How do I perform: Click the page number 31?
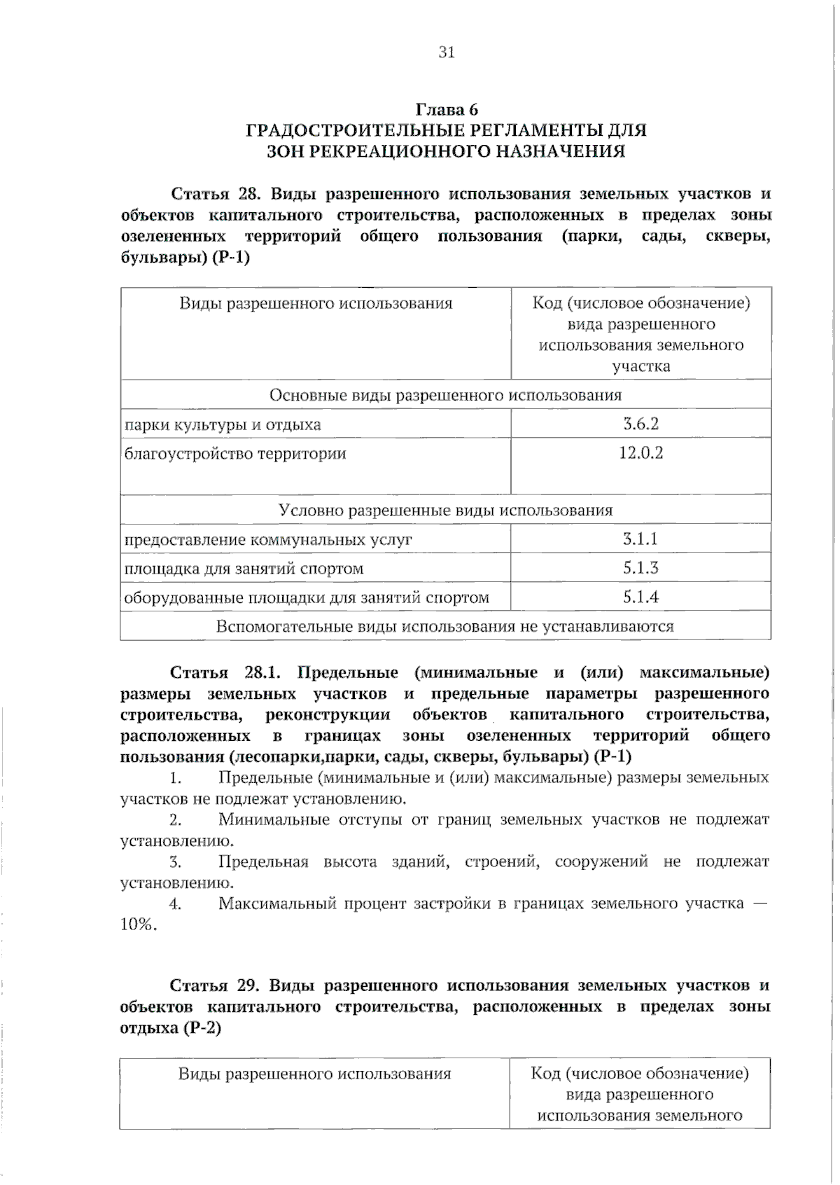(447, 52)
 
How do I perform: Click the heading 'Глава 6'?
(447, 109)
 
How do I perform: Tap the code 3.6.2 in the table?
(640, 424)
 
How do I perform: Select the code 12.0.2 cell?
(640, 453)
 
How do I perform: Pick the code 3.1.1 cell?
(640, 539)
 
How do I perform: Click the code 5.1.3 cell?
(640, 567)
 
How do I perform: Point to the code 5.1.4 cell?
(640, 597)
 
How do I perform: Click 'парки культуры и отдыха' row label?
(223, 424)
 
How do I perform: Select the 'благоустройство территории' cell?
(235, 454)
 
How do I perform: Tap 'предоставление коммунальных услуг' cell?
(268, 539)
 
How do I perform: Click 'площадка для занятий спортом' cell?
(244, 568)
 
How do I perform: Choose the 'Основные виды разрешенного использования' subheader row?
(445, 395)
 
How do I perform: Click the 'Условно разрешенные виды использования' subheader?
(445, 510)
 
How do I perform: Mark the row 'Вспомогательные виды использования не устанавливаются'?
(445, 626)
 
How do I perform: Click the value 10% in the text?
(137, 924)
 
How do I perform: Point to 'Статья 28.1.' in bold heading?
(225, 672)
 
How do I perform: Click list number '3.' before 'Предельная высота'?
(175, 861)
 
